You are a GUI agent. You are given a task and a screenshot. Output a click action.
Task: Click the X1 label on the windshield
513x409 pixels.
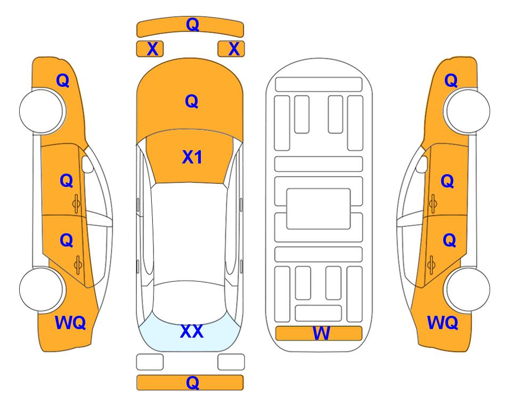192,157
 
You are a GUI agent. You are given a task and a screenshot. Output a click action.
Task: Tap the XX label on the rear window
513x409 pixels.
192,331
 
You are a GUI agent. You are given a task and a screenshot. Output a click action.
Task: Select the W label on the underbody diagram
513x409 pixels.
321,333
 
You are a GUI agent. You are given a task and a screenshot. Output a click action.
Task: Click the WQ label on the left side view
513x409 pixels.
70,323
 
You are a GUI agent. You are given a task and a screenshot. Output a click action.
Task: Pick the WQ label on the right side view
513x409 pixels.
443,323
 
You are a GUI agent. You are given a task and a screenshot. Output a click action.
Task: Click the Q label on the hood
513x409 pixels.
191,101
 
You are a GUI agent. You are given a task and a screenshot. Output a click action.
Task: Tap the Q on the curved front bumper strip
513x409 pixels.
192,24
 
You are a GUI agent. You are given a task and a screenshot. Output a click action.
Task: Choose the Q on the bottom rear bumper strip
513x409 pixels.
192,382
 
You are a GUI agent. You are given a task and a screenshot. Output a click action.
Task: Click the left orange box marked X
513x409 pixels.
150,49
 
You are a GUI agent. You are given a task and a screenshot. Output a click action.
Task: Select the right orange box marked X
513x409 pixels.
231,49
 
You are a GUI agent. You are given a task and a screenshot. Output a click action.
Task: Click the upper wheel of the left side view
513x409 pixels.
42,111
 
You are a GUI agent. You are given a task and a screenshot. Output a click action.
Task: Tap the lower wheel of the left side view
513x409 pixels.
42,289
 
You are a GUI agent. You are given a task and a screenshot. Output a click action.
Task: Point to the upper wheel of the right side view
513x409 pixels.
467,111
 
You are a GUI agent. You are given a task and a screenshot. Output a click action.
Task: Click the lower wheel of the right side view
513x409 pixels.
467,289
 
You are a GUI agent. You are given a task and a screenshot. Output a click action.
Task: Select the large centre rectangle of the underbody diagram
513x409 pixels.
319,209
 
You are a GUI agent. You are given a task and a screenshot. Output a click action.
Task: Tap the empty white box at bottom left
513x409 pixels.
150,362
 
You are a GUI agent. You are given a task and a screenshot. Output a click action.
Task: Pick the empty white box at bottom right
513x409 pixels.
231,362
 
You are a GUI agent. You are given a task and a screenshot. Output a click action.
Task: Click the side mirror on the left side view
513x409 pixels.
87,164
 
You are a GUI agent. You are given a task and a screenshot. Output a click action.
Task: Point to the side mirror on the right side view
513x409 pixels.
422,164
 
